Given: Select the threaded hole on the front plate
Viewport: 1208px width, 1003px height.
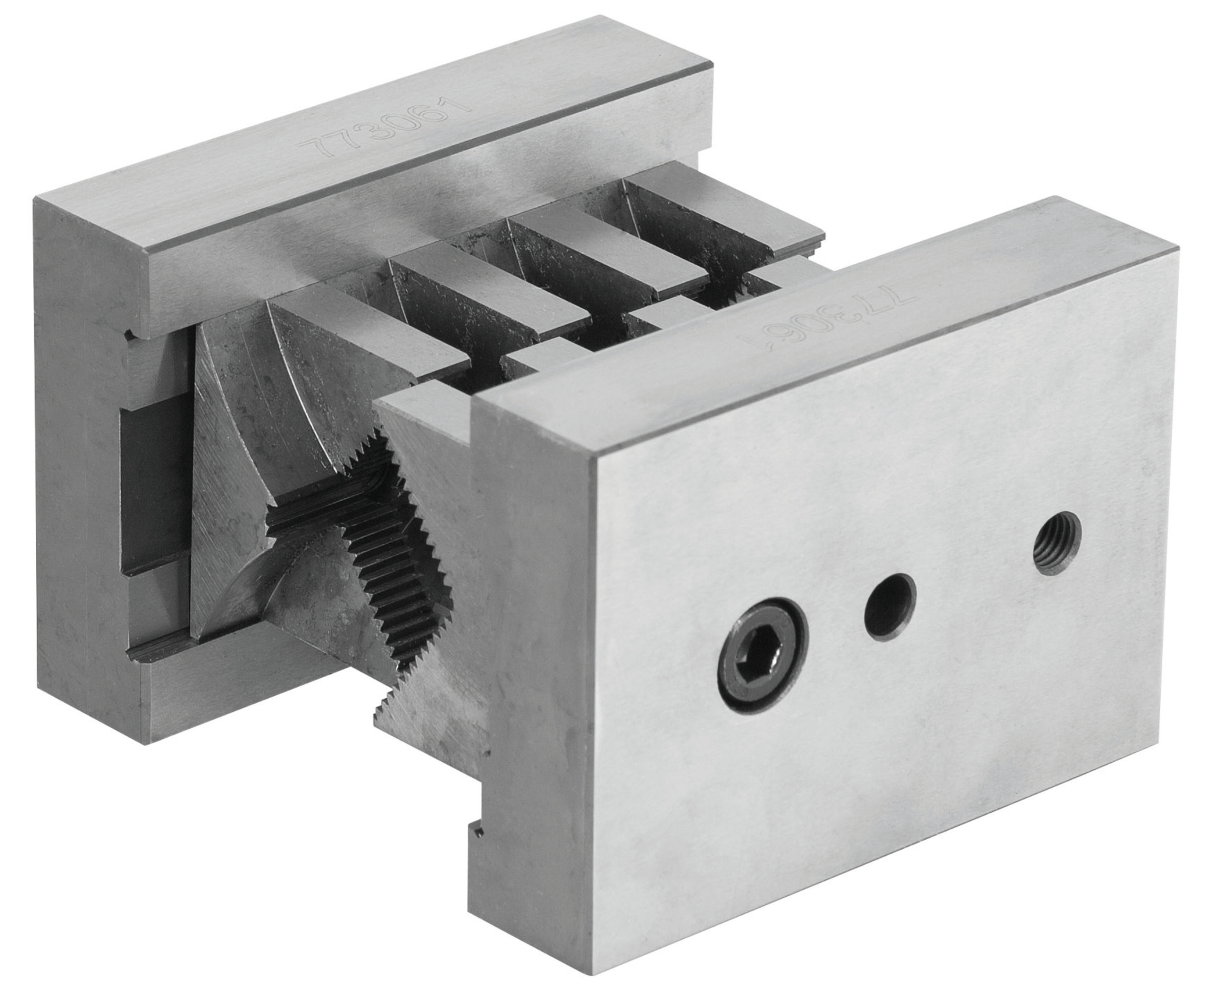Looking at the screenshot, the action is (1058, 543).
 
